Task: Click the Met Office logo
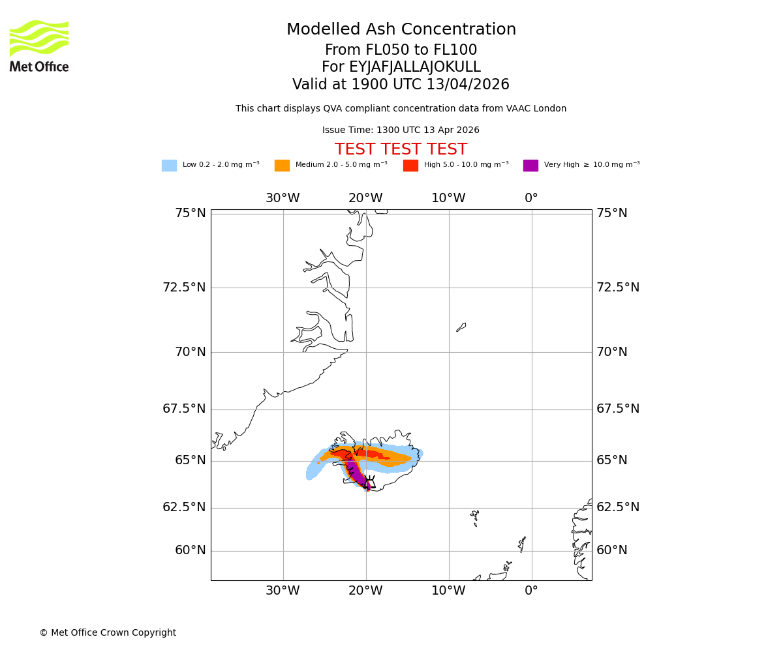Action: tap(39, 46)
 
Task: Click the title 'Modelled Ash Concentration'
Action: tap(401, 30)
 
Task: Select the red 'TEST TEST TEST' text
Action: tap(401, 150)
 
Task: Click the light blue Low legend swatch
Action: tap(169, 166)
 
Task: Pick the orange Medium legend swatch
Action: tap(282, 166)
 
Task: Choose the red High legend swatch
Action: tap(410, 166)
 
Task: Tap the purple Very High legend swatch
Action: tap(530, 166)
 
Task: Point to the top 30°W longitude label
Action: tap(283, 198)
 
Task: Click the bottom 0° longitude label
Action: tap(531, 591)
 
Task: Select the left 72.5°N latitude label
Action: tap(184, 288)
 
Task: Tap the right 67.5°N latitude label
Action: tap(618, 409)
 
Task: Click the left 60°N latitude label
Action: tap(190, 550)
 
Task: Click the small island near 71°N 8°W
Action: tap(461, 327)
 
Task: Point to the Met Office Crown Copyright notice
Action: tap(108, 633)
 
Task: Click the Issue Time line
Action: tap(401, 130)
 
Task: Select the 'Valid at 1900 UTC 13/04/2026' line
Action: tap(401, 85)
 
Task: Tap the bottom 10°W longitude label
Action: tap(448, 591)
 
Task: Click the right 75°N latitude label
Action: tap(612, 213)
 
